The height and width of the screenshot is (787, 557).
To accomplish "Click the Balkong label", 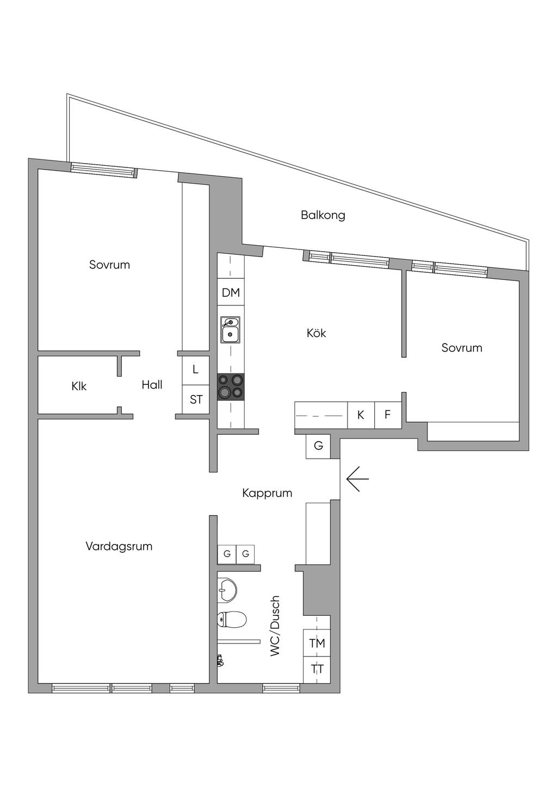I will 323,215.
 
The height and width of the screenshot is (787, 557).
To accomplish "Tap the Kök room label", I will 316,333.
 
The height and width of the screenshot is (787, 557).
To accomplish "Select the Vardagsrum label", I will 119,546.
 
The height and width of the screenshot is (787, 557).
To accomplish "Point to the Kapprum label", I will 267,493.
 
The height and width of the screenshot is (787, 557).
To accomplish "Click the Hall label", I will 152,385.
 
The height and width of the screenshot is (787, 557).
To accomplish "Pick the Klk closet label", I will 79,386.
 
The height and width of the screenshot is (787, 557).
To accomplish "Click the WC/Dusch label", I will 275,626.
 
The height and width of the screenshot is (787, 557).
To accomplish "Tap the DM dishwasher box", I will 231,293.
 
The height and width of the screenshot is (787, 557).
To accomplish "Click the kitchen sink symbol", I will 230,329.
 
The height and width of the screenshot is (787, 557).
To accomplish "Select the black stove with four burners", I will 231,386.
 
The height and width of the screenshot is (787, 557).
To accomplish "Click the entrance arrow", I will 357,479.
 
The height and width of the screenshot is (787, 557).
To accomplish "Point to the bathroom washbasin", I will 227,590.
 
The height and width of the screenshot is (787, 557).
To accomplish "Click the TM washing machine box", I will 317,643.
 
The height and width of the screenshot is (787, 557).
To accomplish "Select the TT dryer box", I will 317,669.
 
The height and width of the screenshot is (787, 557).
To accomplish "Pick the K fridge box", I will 361,415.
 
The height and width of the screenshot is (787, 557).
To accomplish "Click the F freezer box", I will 388,415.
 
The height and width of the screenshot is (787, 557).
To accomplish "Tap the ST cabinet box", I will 196,399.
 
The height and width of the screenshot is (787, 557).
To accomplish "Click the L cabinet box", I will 196,370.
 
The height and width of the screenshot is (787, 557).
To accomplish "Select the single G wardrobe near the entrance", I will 318,446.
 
